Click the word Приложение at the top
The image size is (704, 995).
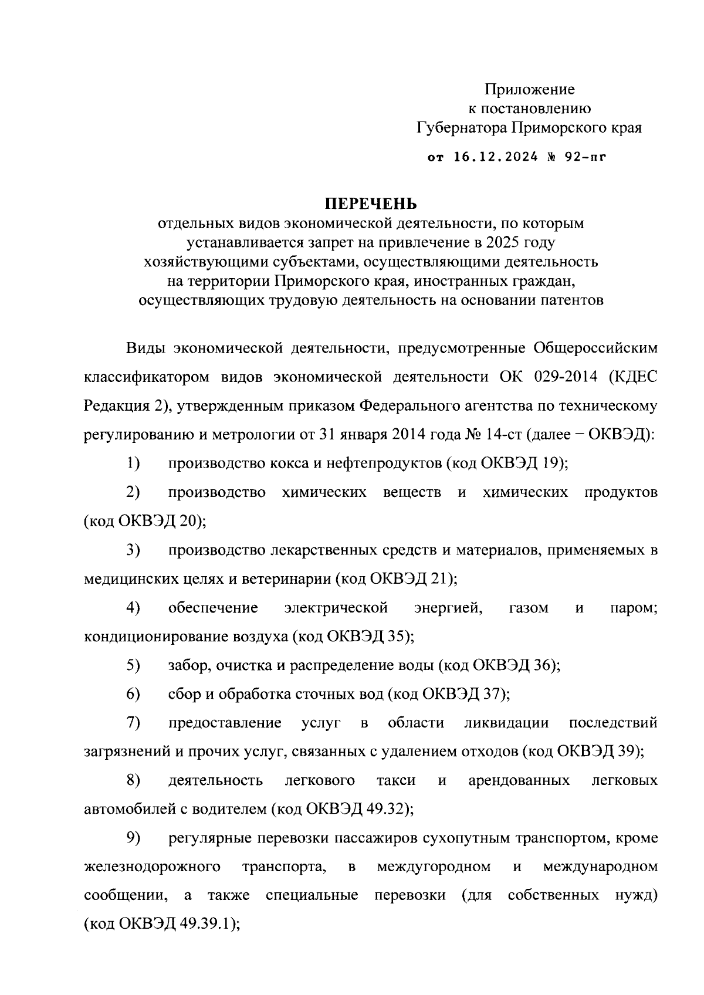529,89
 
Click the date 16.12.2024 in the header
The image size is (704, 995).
496,157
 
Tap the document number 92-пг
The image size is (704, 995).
584,157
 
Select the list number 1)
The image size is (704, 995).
133,463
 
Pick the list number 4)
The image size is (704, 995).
133,608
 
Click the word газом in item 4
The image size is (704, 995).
529,608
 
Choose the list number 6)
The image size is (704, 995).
133,694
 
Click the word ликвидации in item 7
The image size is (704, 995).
506,723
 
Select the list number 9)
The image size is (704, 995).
133,838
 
